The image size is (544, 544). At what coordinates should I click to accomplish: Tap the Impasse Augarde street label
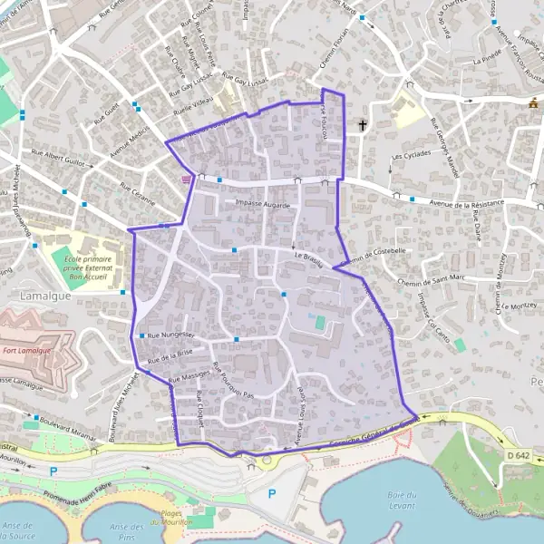coord(262,206)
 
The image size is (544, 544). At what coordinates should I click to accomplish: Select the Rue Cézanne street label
coord(138,194)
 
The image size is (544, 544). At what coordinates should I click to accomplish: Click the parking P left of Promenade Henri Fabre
coord(53,471)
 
